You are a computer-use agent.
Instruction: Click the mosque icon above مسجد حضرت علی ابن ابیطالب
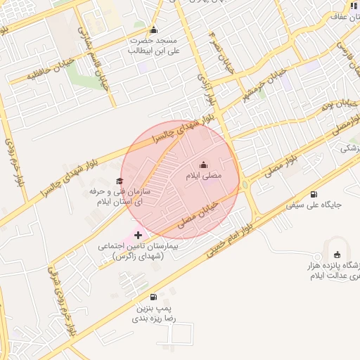[154, 30]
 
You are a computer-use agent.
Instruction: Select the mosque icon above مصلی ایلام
[204, 165]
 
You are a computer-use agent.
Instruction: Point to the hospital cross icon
[138, 235]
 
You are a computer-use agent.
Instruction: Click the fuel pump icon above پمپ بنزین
[154, 297]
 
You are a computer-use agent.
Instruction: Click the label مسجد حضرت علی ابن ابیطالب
[155, 46]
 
